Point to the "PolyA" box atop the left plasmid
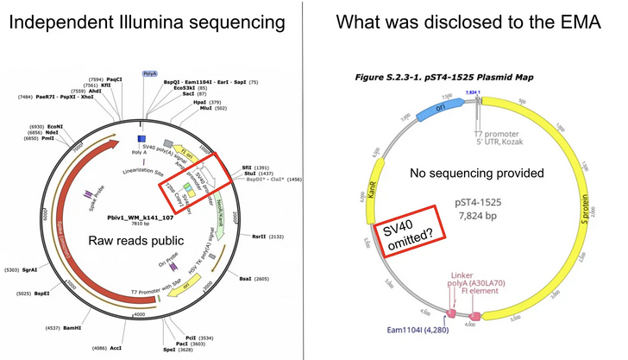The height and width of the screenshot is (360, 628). tap(150, 74)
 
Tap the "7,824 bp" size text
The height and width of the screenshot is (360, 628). tap(478, 225)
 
